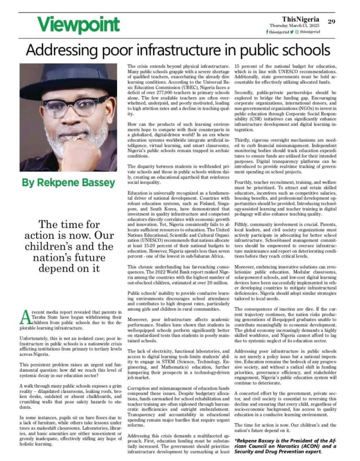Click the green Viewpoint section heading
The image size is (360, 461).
tap(72, 24)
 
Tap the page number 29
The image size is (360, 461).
tap(332, 21)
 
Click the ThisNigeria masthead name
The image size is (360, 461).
tap(301, 19)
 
